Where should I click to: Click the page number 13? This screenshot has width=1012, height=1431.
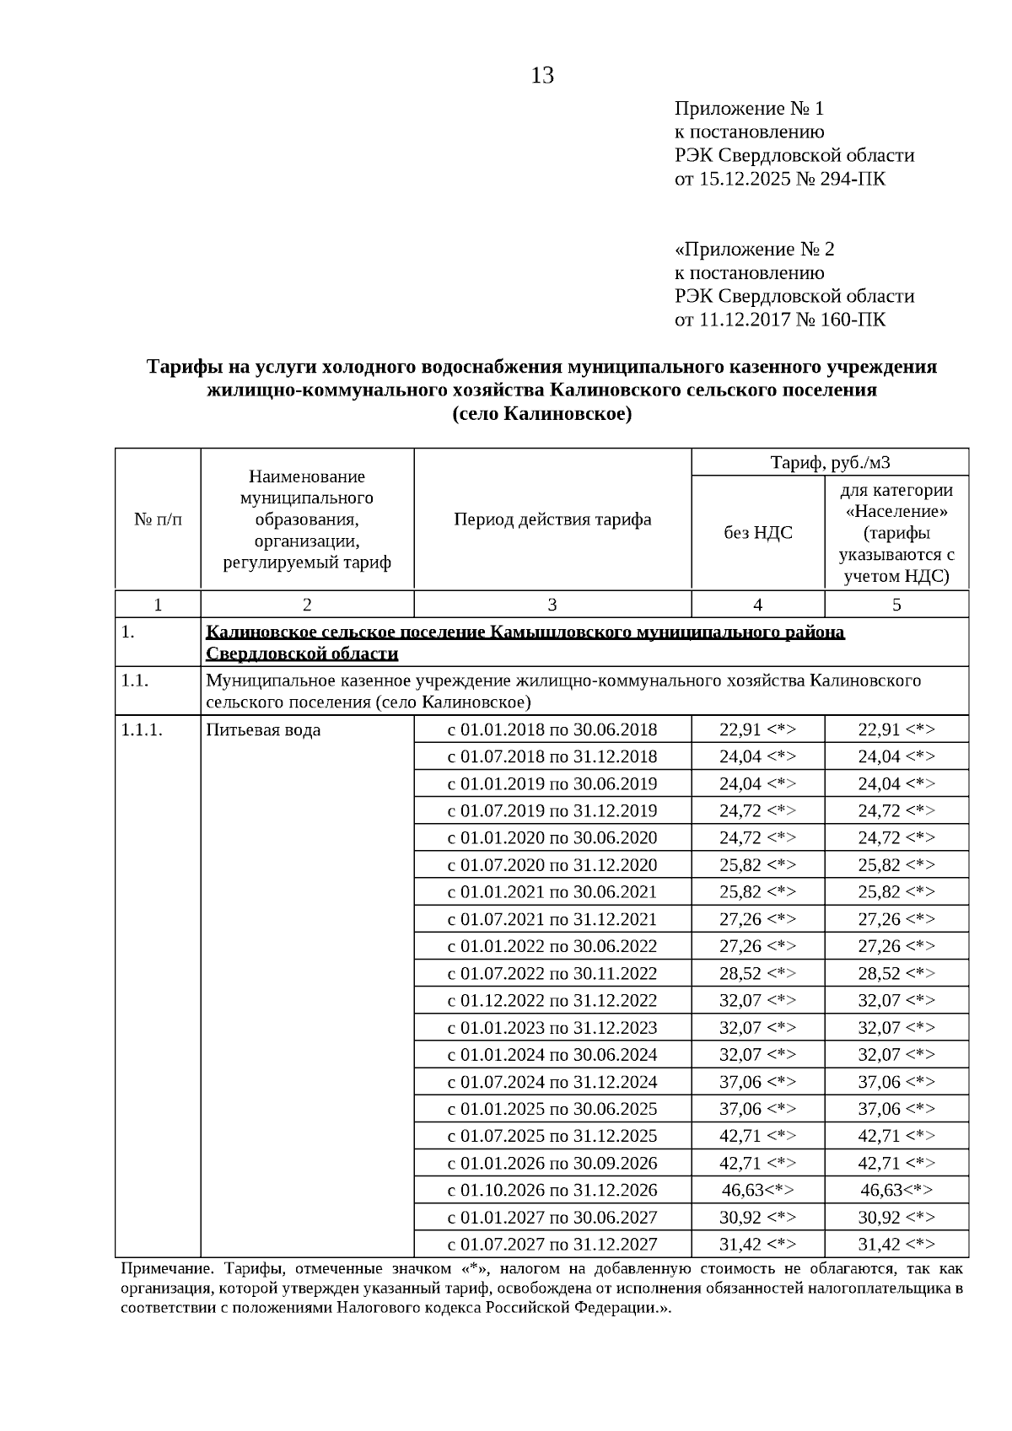(x=542, y=76)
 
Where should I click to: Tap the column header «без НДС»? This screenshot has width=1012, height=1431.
(x=757, y=532)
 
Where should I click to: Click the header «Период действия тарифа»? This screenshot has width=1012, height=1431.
(x=552, y=519)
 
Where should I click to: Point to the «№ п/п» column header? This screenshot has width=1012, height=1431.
(x=158, y=519)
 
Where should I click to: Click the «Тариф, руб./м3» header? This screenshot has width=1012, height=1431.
(x=830, y=462)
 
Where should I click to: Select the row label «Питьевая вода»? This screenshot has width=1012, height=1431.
(x=263, y=730)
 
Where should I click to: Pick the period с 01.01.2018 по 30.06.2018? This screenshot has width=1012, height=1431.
(x=552, y=730)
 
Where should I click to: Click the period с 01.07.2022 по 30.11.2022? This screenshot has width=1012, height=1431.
(x=552, y=974)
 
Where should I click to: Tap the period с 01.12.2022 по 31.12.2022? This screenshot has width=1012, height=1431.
(x=552, y=1001)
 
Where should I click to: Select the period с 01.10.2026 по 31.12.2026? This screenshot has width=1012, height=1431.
(x=552, y=1191)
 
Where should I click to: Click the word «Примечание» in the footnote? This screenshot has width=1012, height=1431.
(x=161, y=1268)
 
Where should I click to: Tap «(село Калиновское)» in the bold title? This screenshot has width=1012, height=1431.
(x=541, y=414)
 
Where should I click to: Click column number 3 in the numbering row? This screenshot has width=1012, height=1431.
(x=552, y=605)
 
